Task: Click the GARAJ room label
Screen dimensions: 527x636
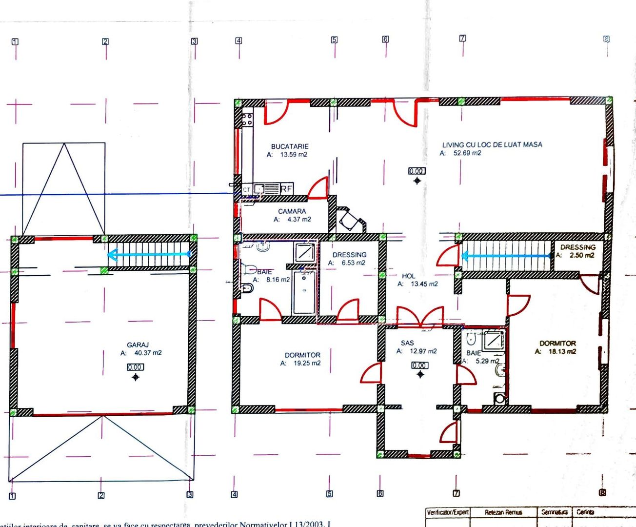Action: (134, 345)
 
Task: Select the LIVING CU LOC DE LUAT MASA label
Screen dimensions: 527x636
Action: (492, 144)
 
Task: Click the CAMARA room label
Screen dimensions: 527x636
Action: (292, 211)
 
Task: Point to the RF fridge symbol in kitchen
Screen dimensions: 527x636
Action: (286, 188)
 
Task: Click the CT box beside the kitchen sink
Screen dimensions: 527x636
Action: (247, 189)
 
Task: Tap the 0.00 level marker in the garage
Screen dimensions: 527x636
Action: (135, 367)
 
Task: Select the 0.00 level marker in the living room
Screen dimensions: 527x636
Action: (417, 171)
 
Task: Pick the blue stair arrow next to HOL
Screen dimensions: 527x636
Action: (507, 255)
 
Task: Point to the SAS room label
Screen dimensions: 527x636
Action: (408, 343)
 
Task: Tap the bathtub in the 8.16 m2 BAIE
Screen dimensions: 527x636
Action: (304, 293)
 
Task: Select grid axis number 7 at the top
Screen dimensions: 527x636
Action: (462, 38)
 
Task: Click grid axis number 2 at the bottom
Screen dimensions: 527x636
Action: (101, 495)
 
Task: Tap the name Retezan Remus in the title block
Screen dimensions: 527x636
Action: (503, 512)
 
